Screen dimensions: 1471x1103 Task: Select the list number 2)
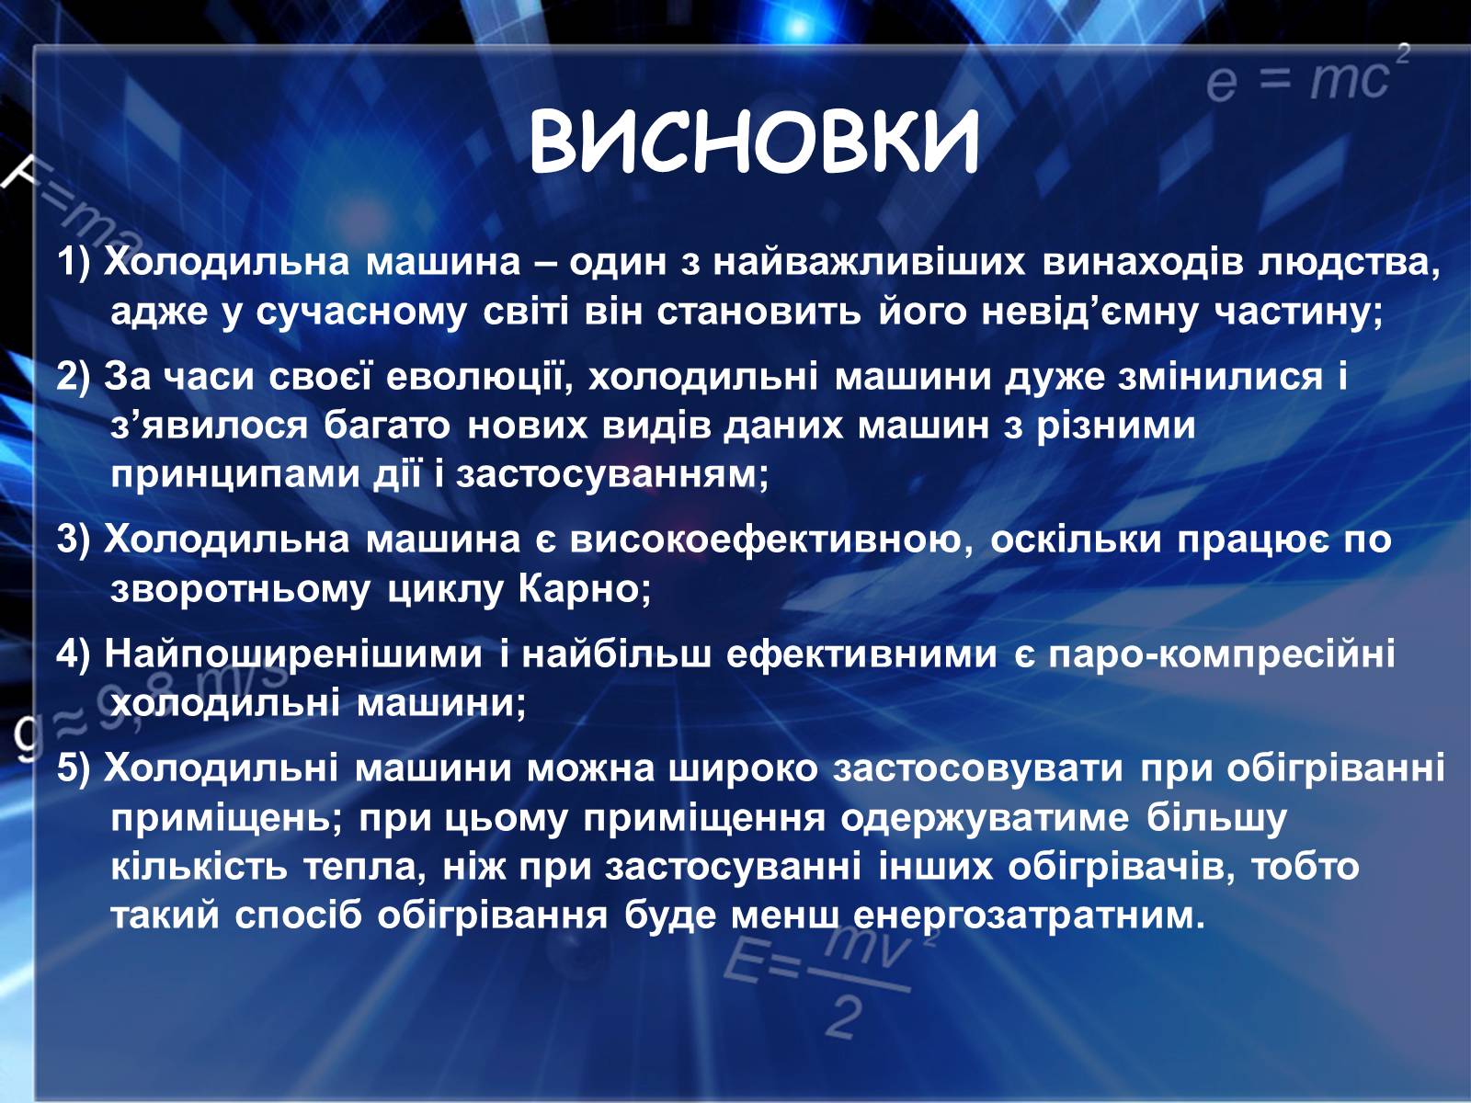coord(74,376)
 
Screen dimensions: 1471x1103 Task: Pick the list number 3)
coord(74,540)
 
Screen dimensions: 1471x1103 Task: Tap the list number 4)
coord(74,653)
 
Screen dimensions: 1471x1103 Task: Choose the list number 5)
coord(74,768)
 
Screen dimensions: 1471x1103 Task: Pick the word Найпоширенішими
coord(293,654)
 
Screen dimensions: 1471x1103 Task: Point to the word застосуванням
coord(612,475)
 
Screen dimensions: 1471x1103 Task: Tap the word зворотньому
coord(241,589)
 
